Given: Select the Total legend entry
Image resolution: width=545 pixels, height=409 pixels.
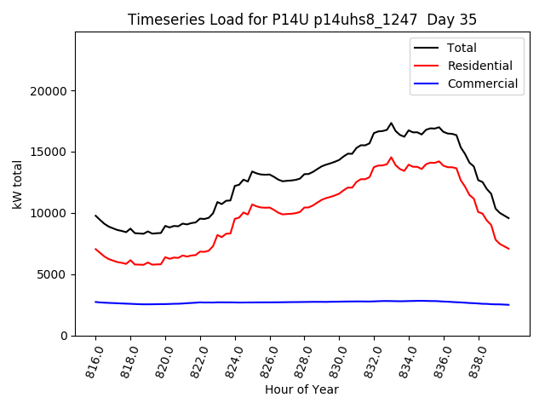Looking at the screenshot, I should click(462, 48).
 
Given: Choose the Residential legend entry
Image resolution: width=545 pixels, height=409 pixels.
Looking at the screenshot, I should click(479, 66).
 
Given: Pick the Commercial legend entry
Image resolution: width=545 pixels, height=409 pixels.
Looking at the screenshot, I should click(482, 84).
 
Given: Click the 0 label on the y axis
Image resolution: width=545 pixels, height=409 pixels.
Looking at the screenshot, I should click(65, 336).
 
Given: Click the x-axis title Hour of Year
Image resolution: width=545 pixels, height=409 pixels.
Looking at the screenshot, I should click(301, 390).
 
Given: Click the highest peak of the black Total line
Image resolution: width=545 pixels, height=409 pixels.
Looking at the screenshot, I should click(392, 123).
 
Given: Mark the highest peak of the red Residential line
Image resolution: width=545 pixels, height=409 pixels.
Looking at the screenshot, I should click(392, 158).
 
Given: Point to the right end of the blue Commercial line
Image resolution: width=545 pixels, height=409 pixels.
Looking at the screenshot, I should click(509, 305).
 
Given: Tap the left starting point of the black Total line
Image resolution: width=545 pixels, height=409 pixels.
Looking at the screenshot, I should click(95, 216).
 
